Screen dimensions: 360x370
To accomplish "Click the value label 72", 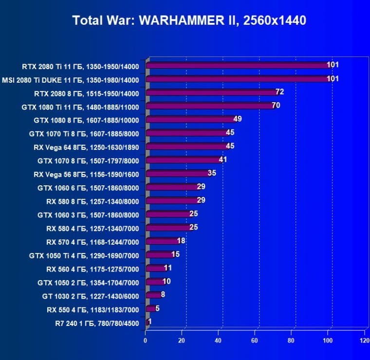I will click(279, 92).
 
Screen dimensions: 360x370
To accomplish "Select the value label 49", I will click(238, 119).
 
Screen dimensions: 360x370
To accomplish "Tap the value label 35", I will click(212, 173).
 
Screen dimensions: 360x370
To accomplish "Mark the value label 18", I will click(181, 241).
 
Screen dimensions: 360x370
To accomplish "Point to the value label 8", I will click(163, 294).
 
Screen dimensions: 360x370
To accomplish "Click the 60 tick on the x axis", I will click(255, 340).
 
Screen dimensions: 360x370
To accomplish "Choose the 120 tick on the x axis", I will click(364, 340).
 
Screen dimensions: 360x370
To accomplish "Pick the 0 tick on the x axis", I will click(146, 340).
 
